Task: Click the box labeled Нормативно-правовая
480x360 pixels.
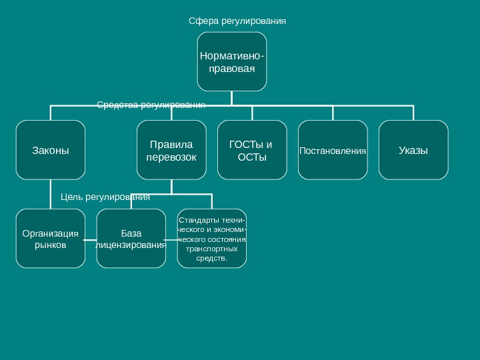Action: (x=231, y=61)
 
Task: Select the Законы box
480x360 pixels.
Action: (x=51, y=150)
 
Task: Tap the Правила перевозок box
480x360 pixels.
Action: (x=171, y=150)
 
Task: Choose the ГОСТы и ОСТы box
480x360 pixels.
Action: (x=252, y=150)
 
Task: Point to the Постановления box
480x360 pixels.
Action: (x=333, y=151)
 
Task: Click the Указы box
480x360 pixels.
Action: (x=413, y=150)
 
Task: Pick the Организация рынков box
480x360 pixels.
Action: (x=51, y=239)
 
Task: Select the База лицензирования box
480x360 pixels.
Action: (x=131, y=239)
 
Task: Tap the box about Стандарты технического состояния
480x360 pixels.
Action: (x=211, y=238)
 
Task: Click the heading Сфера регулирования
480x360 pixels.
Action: (x=237, y=21)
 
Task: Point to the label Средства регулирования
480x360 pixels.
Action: (x=151, y=105)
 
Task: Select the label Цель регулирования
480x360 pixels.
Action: (x=105, y=197)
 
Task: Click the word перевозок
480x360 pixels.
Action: (x=171, y=157)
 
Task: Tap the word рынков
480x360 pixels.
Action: (x=51, y=245)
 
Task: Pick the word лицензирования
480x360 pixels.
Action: (x=131, y=245)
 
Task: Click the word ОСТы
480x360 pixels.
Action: (x=252, y=157)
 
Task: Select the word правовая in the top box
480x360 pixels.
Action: (x=231, y=68)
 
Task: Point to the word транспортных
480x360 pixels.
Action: (x=211, y=248)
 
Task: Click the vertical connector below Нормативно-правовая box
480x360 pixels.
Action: (x=231, y=97)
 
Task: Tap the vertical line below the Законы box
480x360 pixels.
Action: (x=51, y=194)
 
